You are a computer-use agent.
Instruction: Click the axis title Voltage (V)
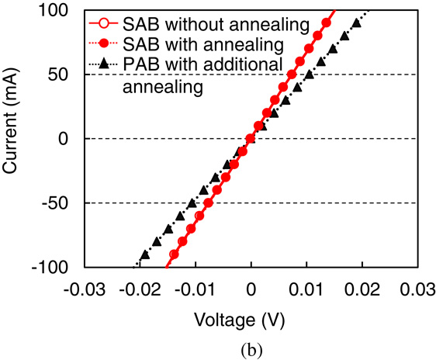[x=251, y=318]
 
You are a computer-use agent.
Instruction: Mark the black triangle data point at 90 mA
[x=356, y=23]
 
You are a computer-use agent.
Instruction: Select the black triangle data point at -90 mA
[x=144, y=254]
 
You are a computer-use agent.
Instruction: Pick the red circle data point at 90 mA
[x=326, y=23]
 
